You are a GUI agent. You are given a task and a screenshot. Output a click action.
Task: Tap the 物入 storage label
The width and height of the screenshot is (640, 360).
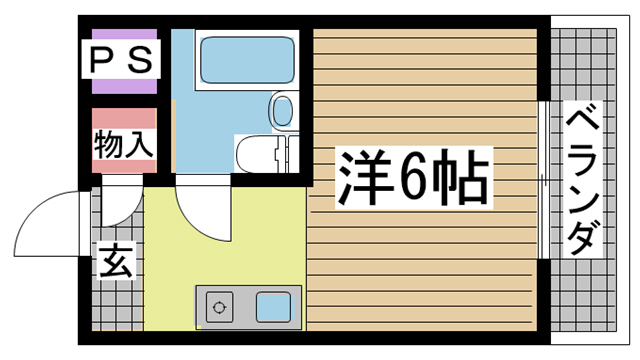pyautogui.click(x=124, y=144)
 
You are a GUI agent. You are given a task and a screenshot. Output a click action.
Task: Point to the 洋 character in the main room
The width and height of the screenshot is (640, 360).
pyautogui.click(x=362, y=178)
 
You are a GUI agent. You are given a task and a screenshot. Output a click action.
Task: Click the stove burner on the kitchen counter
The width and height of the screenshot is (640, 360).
pyautogui.click(x=217, y=305)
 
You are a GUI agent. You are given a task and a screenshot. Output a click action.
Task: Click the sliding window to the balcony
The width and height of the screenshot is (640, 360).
pyautogui.click(x=543, y=180)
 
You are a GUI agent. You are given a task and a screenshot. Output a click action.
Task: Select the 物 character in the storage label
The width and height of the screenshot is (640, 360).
pyautogui.click(x=109, y=144)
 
